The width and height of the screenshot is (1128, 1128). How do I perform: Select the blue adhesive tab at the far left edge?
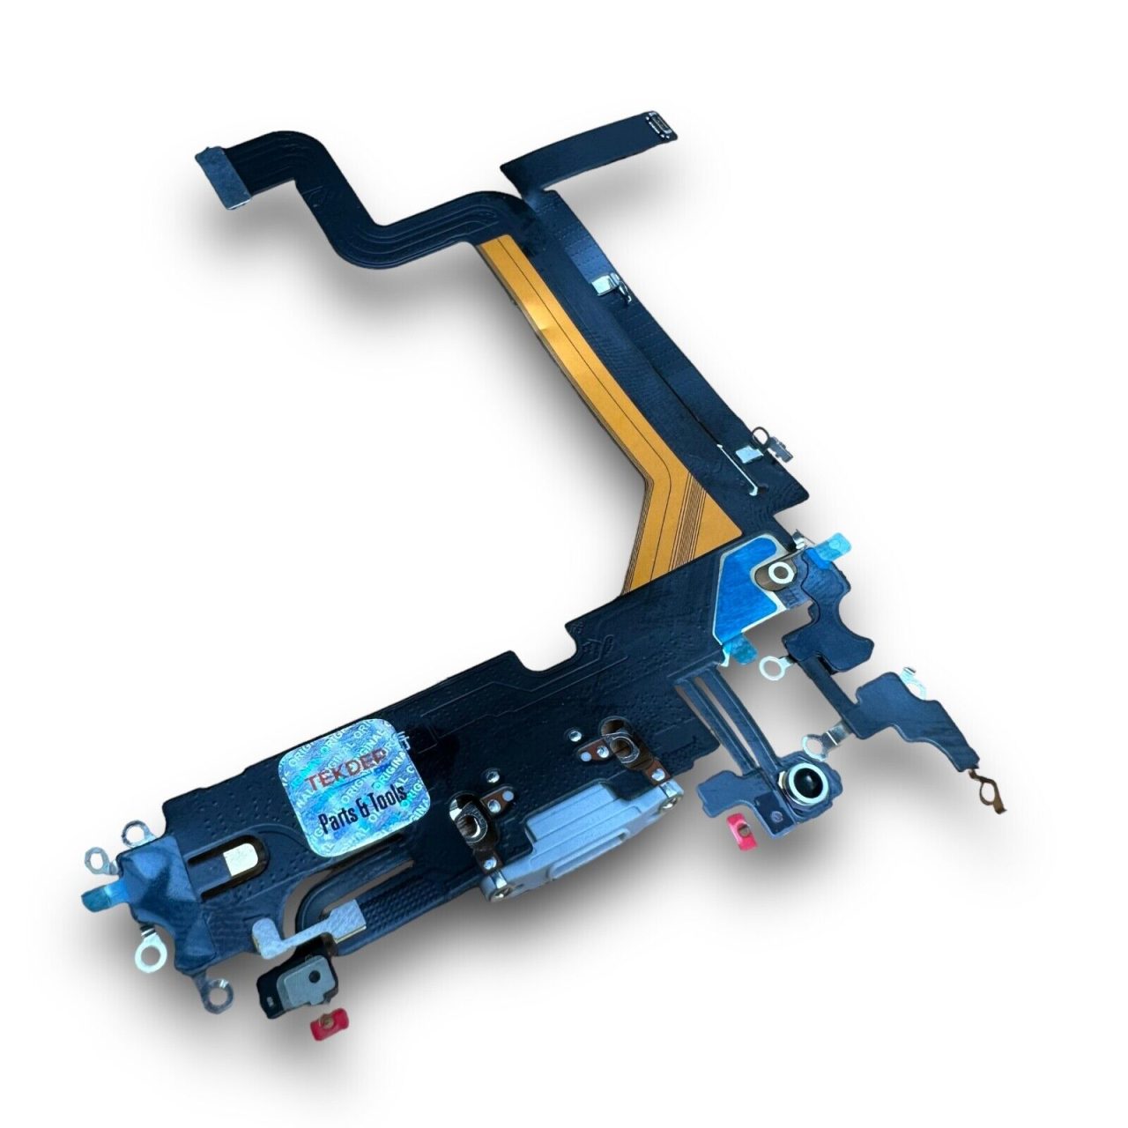click(94, 898)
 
